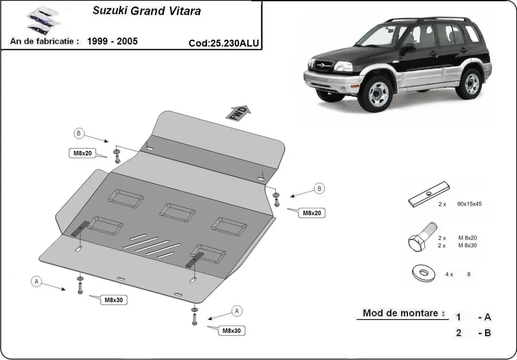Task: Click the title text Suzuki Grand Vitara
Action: click(147, 11)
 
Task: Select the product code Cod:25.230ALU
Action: click(224, 43)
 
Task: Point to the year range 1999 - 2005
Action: click(112, 41)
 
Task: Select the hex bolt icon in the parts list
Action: click(422, 238)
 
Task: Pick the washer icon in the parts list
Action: click(423, 272)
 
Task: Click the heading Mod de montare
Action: click(400, 313)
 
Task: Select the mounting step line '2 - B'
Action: click(473, 332)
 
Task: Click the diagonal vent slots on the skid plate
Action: click(151, 247)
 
